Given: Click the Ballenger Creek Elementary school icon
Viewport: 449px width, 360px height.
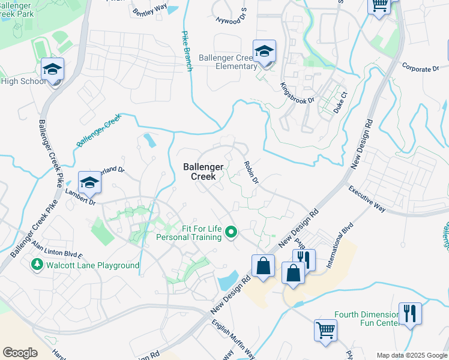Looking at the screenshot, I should tap(264, 52).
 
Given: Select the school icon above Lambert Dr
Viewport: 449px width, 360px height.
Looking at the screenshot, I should tap(89, 182).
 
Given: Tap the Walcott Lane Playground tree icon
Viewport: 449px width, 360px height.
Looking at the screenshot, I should tap(37, 265).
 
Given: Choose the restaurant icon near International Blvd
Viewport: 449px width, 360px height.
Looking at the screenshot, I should tap(304, 260).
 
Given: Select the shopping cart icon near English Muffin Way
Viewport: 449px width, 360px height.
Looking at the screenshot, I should tap(325, 329).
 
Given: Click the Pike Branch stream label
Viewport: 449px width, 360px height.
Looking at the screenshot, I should tap(187, 50).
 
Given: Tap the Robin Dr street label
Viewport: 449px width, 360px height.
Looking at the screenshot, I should tap(251, 172).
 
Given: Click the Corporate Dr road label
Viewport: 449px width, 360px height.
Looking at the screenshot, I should tap(420, 68).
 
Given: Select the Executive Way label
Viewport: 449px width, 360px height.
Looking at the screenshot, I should tap(367, 197).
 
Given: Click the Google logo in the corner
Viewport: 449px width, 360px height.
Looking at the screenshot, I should tap(20, 352).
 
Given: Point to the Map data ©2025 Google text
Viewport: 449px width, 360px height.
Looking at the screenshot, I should tap(412, 355).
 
